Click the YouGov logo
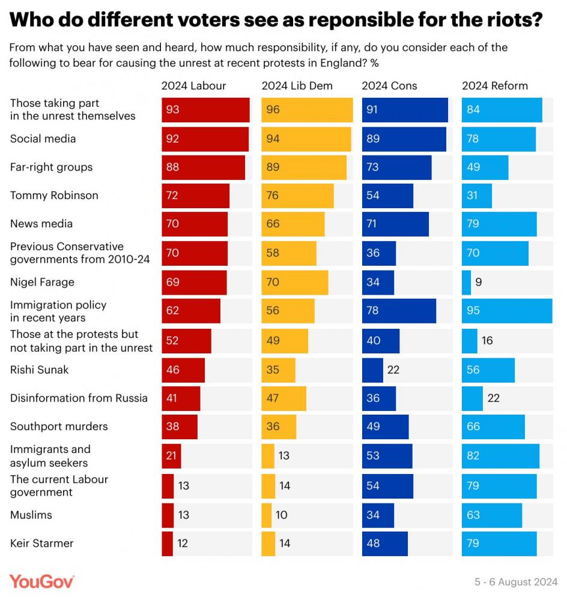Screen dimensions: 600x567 click(42, 581)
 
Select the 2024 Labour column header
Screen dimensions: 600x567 click(193, 86)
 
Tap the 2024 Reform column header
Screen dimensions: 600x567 click(494, 86)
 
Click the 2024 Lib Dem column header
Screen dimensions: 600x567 click(297, 86)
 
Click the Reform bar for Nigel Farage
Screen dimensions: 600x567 click(466, 282)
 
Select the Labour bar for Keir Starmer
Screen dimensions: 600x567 click(167, 544)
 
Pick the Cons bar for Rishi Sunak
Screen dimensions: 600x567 click(372, 370)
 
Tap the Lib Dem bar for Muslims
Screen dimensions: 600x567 click(267, 515)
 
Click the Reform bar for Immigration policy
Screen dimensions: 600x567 click(507, 311)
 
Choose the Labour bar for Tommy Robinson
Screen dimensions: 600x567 click(195, 196)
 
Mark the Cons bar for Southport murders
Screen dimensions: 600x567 click(385, 427)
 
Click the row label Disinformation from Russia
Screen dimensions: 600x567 click(79, 398)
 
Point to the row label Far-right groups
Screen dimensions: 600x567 click(51, 167)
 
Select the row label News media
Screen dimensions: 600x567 click(41, 224)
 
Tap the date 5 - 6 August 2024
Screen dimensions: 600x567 click(516, 582)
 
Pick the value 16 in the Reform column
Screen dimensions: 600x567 click(487, 341)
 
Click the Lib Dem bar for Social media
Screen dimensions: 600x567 click(306, 139)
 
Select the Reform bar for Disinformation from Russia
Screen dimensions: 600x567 click(472, 398)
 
